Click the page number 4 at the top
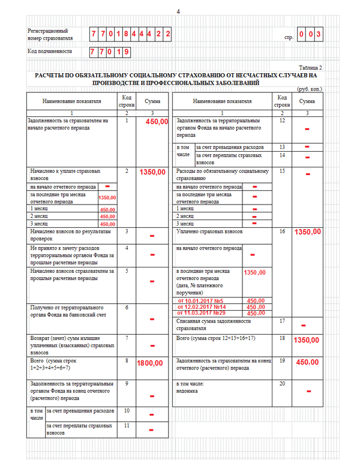178,12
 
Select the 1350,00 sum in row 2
152,172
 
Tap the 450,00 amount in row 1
156,122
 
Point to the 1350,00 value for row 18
307,340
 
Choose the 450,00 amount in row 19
307,362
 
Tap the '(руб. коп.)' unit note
309,89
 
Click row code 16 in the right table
282,230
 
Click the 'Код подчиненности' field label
50,52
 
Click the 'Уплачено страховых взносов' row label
209,230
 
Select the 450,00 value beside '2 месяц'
107,217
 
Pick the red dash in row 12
307,129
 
